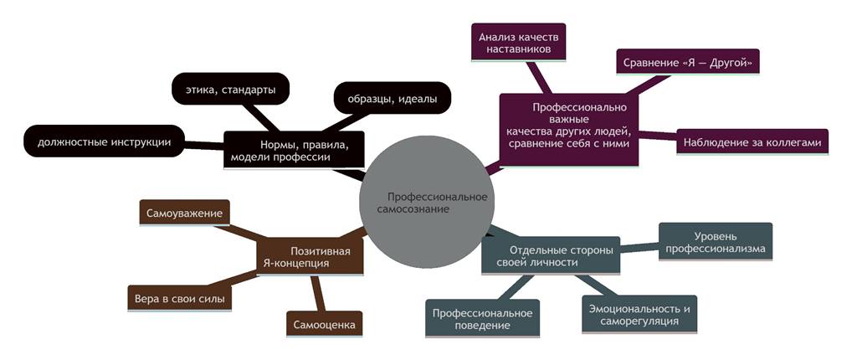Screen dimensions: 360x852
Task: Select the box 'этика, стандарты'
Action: [230, 89]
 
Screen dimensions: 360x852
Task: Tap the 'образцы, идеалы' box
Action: [392, 98]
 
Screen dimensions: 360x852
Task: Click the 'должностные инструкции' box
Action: [104, 141]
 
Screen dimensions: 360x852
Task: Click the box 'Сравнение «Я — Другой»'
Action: [688, 63]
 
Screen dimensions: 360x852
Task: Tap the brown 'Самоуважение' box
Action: [184, 213]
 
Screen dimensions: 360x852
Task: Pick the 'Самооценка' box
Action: [324, 323]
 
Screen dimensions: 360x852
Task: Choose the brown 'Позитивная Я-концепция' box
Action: [310, 256]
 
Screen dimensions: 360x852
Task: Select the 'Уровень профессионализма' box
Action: [716, 242]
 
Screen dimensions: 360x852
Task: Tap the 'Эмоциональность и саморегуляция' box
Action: [639, 315]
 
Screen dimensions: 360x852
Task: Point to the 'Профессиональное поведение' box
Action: [483, 318]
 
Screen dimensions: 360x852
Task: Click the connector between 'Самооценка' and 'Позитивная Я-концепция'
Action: [317, 293]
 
